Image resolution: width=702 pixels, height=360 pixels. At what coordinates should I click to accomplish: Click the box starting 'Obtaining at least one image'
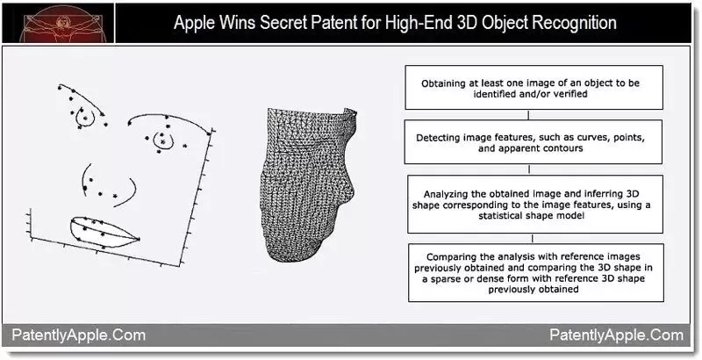(x=534, y=87)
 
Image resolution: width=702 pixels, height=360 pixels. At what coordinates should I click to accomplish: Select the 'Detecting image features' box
(x=533, y=142)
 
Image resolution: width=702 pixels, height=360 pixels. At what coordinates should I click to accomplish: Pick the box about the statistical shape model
(x=535, y=205)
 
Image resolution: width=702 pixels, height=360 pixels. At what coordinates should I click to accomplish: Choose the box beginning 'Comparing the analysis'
(x=536, y=273)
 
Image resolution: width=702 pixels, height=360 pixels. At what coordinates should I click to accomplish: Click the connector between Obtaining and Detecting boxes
(x=529, y=115)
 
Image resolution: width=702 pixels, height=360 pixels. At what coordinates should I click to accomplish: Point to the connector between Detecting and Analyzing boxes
(x=530, y=169)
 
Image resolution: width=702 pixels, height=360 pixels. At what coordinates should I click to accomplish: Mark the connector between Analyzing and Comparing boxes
(x=532, y=239)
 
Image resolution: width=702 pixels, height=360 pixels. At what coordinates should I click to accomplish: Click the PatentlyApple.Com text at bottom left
(x=78, y=335)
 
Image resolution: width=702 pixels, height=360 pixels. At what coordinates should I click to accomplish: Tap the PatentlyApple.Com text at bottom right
(x=617, y=335)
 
